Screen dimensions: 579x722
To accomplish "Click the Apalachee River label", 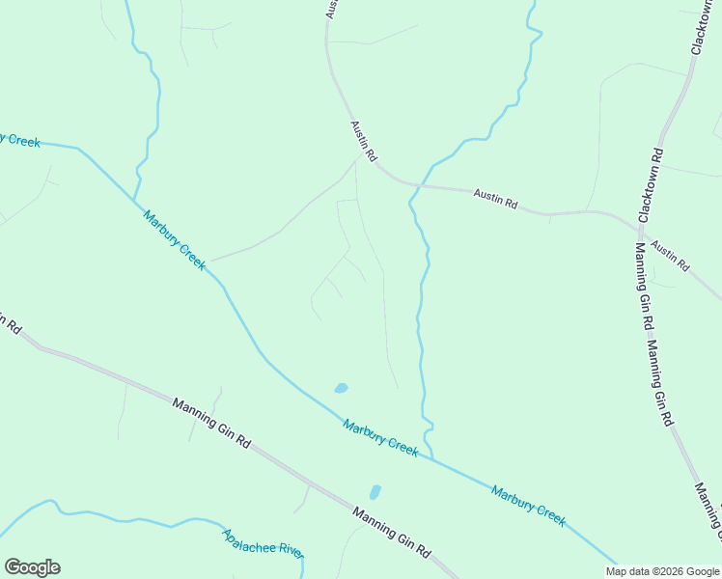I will point(263,543).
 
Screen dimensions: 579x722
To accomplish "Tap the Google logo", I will point(32,567).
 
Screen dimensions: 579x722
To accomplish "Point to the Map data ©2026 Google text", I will point(663,571).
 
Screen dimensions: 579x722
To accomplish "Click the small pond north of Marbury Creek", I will point(341,388).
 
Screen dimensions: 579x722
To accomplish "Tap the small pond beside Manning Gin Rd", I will point(375,492).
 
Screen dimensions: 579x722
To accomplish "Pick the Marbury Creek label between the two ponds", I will point(380,437).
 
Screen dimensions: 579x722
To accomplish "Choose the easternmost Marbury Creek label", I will point(528,505).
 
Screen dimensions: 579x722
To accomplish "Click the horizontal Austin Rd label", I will point(495,200).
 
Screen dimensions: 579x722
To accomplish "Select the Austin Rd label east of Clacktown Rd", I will point(670,255).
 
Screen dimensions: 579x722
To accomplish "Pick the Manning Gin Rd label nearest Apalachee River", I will point(391,533).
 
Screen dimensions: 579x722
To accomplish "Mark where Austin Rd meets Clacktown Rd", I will point(638,228).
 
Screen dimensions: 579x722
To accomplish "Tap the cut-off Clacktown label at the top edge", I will point(701,27).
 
